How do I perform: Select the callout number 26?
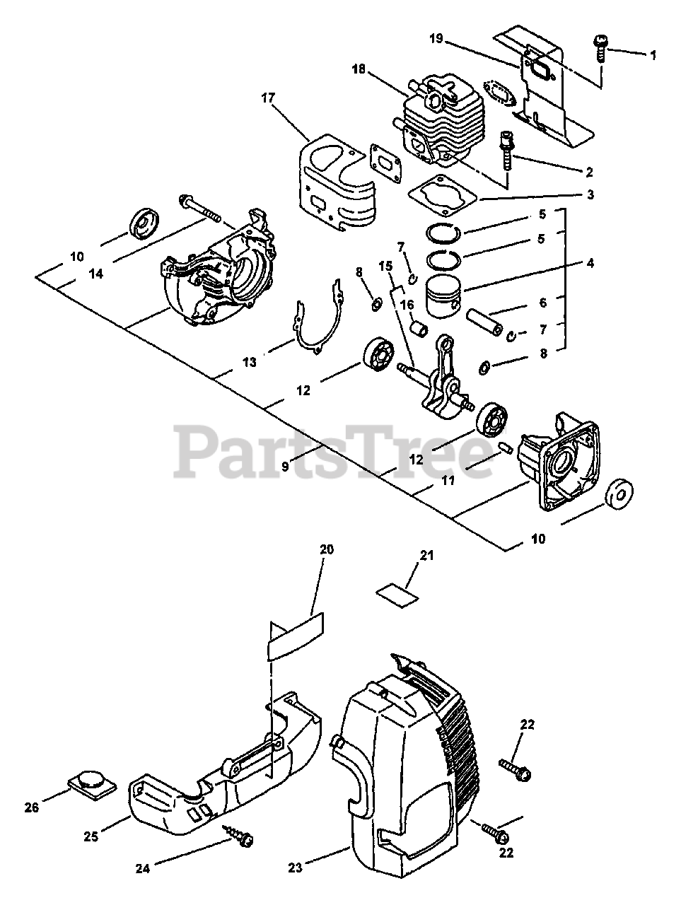pyautogui.click(x=31, y=807)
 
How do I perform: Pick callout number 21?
pyautogui.click(x=426, y=556)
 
